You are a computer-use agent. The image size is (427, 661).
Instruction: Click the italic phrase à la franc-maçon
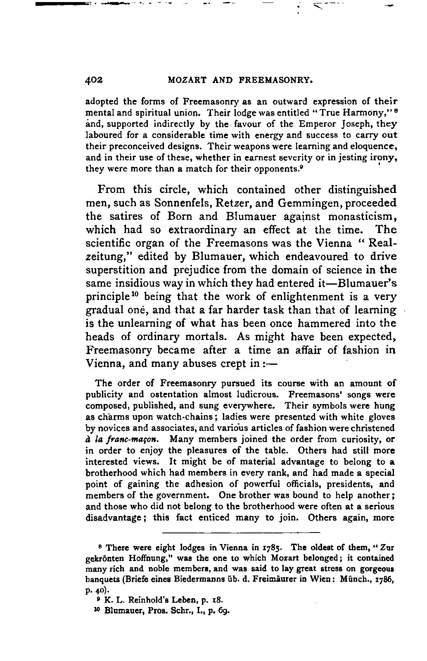coord(121,439)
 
